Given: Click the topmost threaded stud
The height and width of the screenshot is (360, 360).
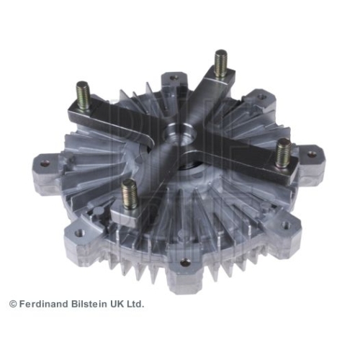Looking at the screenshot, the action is point(221,63).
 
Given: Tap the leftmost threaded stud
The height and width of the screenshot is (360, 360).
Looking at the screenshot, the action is point(83,95).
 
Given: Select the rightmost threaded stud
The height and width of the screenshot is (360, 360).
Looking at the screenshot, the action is point(284,153).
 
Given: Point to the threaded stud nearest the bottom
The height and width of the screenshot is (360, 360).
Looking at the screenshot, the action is point(129,194).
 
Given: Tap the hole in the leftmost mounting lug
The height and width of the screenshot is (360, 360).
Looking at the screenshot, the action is point(45,163).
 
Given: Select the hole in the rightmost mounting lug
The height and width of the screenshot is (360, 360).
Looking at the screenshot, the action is point(312,154).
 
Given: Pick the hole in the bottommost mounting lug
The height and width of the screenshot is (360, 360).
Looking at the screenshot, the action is point(185,263).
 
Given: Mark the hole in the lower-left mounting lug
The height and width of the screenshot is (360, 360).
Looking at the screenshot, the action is point(80,233).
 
